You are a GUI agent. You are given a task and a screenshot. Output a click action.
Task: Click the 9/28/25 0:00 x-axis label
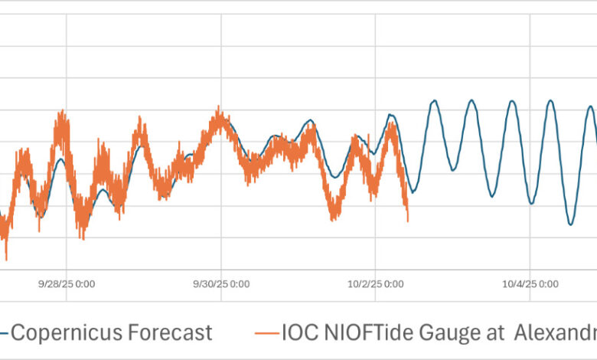pos(67,284)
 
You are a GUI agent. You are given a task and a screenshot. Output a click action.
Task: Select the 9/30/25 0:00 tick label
pos(221,284)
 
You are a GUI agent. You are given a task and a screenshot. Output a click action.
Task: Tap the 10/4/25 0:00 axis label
pos(530,284)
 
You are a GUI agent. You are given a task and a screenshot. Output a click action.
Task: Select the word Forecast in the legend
pos(172,332)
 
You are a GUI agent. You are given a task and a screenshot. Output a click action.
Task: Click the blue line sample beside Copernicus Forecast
pos(4,333)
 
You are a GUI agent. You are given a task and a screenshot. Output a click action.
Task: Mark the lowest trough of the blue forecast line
pos(570,224)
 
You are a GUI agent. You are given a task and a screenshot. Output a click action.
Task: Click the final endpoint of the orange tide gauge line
pos(408,221)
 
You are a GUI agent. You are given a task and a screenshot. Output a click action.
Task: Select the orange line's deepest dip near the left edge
pos(6,259)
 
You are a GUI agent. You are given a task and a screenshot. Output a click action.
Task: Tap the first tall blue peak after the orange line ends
pos(434,100)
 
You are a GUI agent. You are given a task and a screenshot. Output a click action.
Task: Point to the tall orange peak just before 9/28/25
pos(60,113)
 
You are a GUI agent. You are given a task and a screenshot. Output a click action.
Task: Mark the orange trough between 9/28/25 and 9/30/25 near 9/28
pos(82,237)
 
